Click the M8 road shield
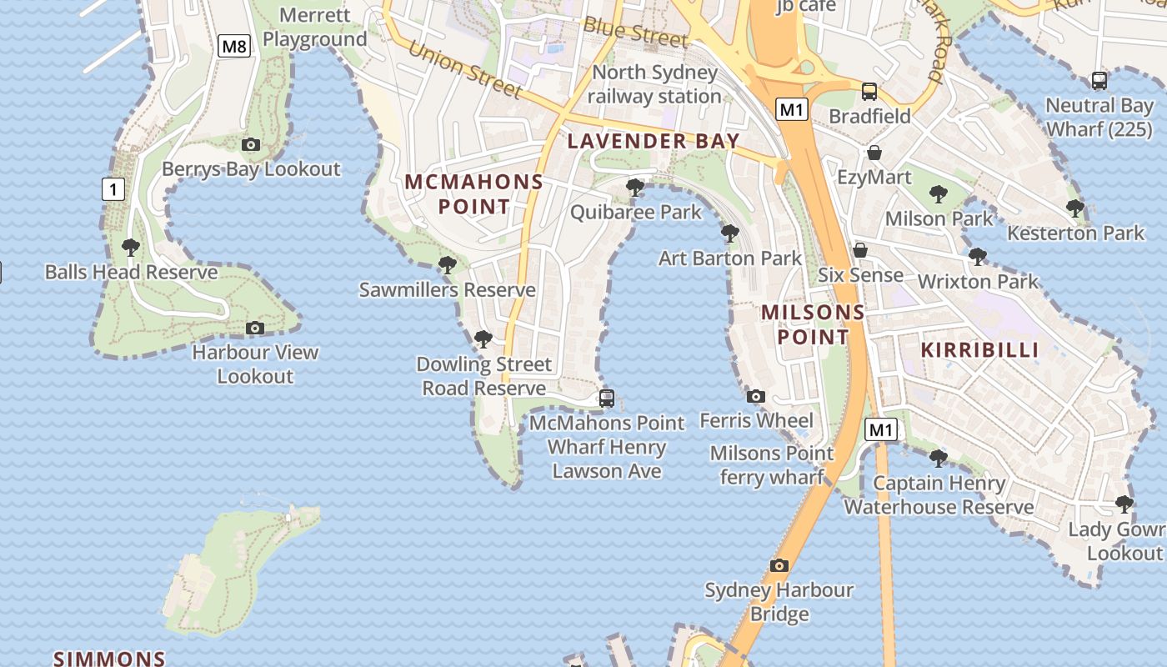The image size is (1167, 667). click(x=234, y=46)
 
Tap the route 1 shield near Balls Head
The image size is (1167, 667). click(x=113, y=189)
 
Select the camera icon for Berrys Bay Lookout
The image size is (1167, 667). click(x=250, y=145)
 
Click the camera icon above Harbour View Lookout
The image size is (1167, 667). click(x=255, y=328)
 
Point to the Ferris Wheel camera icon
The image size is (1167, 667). click(x=756, y=396)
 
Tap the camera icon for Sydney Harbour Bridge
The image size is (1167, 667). click(x=779, y=566)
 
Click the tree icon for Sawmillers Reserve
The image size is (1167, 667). click(x=448, y=266)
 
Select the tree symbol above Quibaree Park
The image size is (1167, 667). click(x=635, y=188)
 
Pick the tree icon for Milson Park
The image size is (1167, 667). click(x=939, y=195)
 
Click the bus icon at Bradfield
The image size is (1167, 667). click(x=869, y=92)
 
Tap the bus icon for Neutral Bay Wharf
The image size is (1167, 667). click(x=1099, y=81)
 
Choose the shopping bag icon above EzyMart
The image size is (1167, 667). click(x=874, y=153)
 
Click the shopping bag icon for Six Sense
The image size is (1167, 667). click(x=860, y=250)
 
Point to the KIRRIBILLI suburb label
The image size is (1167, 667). click(x=979, y=350)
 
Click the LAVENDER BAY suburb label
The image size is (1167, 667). click(x=654, y=141)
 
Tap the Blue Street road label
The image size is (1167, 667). click(x=636, y=31)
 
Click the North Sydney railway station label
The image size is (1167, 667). click(x=654, y=84)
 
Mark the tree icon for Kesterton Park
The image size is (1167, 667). click(x=1075, y=208)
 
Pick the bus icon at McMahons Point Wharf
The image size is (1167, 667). click(x=607, y=399)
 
